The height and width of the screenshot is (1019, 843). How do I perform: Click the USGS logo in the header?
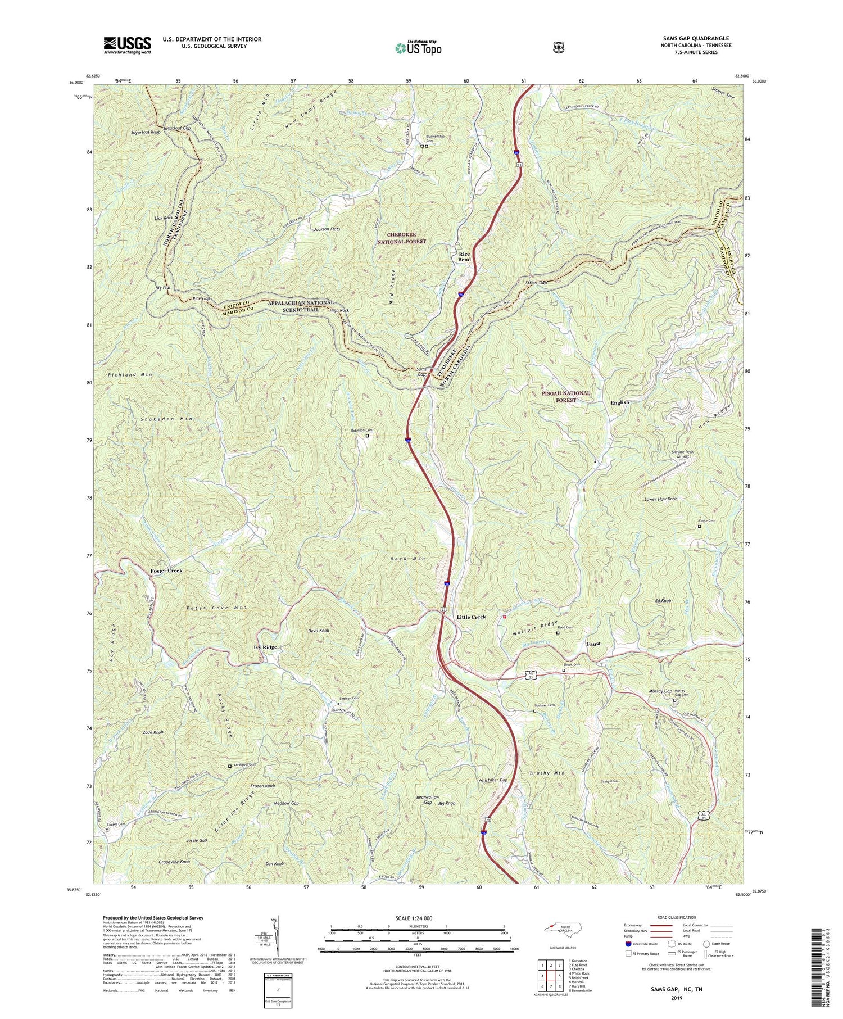click(127, 45)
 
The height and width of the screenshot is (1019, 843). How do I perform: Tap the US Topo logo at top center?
click(418, 47)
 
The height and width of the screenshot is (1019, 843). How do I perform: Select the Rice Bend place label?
click(464, 256)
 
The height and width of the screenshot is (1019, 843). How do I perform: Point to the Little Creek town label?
click(471, 617)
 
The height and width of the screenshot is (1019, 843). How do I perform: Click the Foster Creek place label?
click(166, 570)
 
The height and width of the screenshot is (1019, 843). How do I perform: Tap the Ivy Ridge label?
click(265, 647)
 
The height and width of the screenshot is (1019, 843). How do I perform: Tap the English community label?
click(620, 402)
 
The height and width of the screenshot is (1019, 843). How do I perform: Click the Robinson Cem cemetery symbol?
click(368, 436)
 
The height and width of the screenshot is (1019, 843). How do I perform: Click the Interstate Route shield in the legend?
click(628, 944)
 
